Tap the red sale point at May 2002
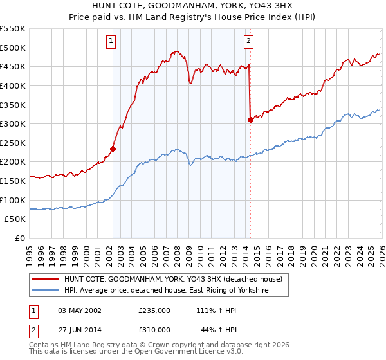113,148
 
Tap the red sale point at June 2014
250,120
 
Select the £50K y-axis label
15,219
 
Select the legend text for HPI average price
166,291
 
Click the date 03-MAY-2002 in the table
80,310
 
